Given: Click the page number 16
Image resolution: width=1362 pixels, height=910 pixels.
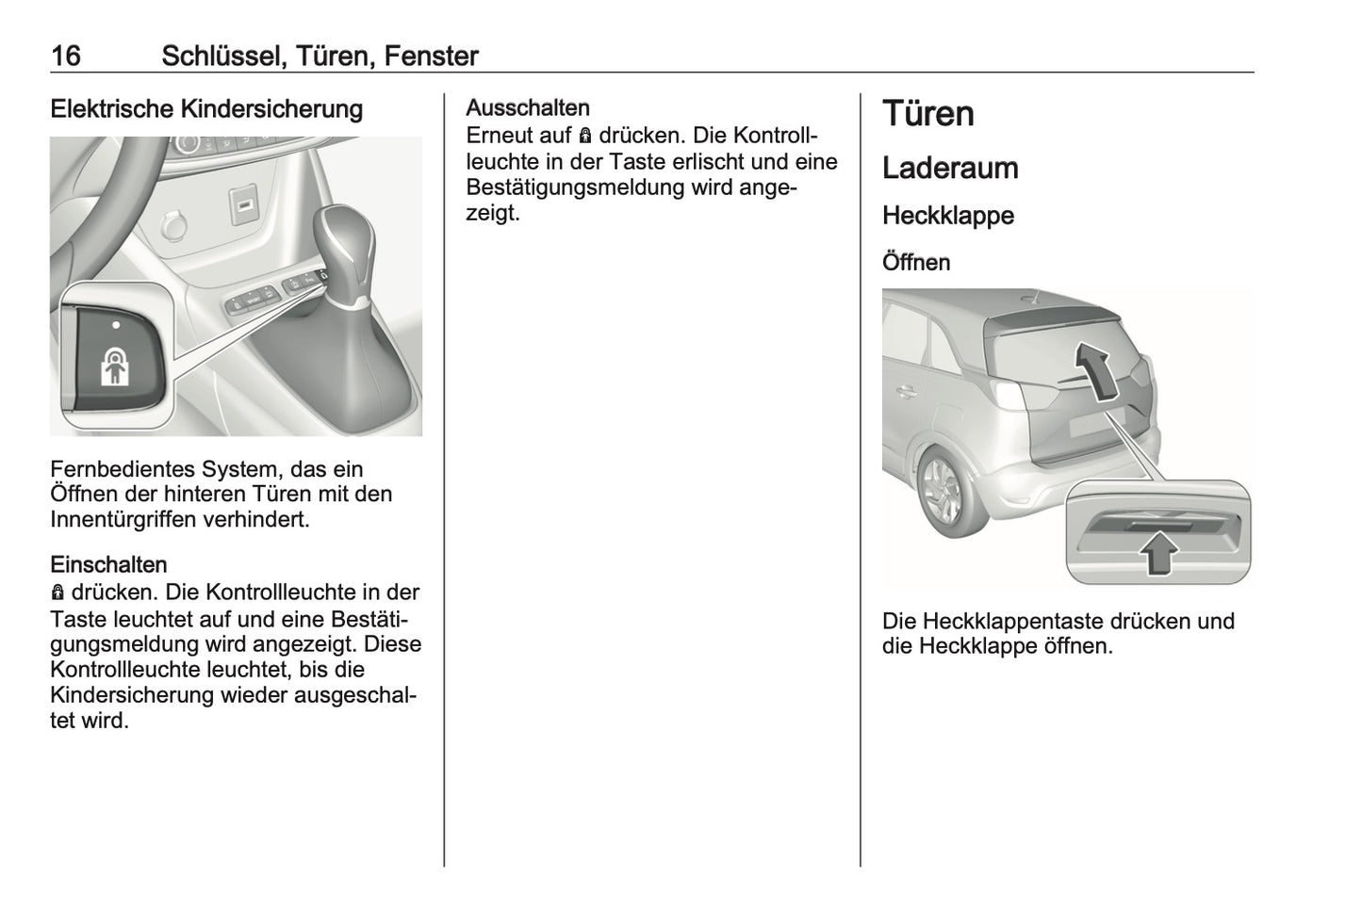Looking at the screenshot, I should (66, 57).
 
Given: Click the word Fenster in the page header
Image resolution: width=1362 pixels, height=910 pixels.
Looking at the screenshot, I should (432, 57).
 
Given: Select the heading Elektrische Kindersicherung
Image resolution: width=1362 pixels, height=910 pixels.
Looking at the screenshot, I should (206, 109).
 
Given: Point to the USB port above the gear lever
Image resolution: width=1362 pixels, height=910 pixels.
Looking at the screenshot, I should (244, 203).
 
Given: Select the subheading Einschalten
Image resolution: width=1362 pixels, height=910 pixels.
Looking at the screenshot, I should (108, 565).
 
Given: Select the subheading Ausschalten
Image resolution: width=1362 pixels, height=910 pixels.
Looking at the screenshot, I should (528, 108).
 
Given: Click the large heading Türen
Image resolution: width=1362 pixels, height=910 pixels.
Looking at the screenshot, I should (928, 114).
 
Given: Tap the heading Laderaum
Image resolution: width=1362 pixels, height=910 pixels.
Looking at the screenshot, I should (950, 169).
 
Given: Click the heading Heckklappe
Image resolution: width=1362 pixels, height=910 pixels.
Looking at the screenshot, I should (948, 216).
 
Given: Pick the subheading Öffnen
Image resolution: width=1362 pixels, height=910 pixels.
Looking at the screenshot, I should (916, 263).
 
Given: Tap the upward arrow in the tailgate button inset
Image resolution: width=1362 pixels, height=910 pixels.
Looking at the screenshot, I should (1158, 552).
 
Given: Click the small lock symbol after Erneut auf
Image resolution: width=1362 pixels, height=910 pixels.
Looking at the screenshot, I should (585, 137).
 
